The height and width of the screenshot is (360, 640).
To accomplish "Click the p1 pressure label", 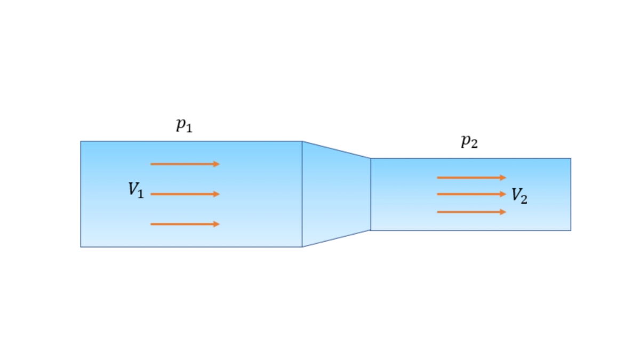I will [x=184, y=125].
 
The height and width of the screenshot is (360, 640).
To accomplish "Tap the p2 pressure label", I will [x=469, y=142].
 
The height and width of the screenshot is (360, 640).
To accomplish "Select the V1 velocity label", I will [x=136, y=190].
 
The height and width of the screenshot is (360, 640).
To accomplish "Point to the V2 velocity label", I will [x=519, y=196].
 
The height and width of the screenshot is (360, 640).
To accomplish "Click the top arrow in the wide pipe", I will [x=185, y=164].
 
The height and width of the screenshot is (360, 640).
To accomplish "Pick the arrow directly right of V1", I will [x=185, y=194].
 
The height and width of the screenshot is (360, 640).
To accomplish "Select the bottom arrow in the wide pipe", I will [x=185, y=224].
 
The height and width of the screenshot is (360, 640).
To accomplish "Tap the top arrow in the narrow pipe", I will [x=471, y=178].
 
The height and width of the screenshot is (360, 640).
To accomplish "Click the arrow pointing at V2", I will [x=471, y=194].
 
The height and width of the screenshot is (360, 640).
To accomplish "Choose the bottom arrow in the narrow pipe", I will [x=471, y=212].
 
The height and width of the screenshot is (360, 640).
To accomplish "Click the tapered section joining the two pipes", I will [x=336, y=194].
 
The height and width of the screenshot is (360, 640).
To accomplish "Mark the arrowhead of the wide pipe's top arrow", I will [x=217, y=164].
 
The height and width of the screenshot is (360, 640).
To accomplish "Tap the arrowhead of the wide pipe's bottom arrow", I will [x=217, y=224].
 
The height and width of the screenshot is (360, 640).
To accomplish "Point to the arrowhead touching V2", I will [x=503, y=194].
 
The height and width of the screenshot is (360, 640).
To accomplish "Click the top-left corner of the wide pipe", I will [x=81, y=141].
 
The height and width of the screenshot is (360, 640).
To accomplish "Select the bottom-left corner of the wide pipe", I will [x=81, y=246].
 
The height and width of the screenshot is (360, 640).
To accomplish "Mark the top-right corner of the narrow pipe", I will [x=570, y=158].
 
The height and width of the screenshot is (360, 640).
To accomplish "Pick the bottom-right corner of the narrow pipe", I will [x=570, y=230].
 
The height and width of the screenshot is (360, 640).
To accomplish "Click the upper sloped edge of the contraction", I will [x=336, y=150].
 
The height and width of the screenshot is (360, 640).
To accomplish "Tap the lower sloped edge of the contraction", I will [x=336, y=238].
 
